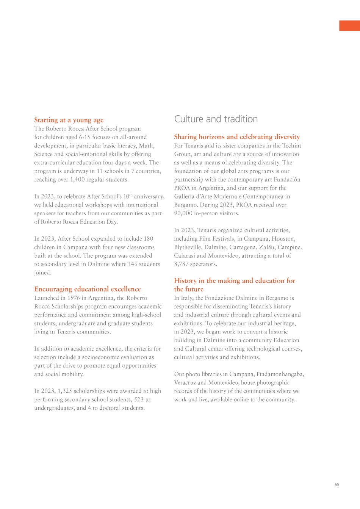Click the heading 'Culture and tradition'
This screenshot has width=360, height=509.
216,119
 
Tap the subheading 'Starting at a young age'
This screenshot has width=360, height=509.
69,120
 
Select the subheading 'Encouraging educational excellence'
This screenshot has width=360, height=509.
87,289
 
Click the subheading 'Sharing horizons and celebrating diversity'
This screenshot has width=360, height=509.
237,137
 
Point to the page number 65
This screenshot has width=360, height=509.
337,485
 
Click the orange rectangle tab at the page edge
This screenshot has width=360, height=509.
349,26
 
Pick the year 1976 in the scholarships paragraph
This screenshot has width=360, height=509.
74,298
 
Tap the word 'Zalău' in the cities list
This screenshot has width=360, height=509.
266,247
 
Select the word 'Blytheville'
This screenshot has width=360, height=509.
188,247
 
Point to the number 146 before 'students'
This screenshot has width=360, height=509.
133,264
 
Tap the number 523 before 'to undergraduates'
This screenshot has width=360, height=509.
139,399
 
